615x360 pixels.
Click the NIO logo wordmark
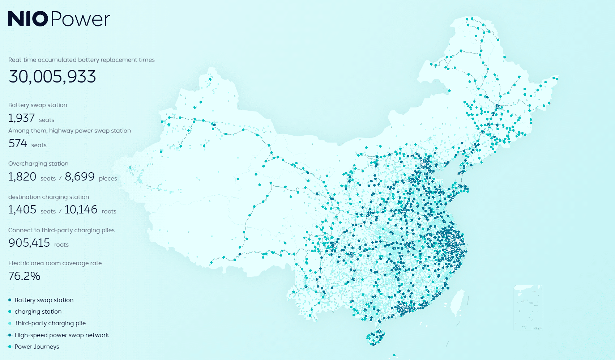[28, 19]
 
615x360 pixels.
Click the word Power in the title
[80, 20]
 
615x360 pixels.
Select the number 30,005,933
[52, 77]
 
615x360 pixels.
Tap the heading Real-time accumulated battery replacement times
[81, 60]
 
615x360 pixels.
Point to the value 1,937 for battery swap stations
[21, 118]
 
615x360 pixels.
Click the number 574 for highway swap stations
[18, 143]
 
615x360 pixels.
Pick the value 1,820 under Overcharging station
[22, 177]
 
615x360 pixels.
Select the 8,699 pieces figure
[80, 177]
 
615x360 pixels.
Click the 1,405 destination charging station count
[22, 209]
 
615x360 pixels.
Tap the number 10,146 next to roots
[81, 209]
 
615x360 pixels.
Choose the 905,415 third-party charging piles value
[29, 243]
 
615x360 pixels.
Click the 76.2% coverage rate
[24, 276]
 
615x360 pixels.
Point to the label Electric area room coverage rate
[55, 263]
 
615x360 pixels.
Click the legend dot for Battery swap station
[10, 300]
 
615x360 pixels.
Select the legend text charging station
[38, 312]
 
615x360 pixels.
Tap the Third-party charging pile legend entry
[50, 323]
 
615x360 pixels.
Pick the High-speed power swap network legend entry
[61, 335]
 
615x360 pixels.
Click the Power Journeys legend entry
[37, 347]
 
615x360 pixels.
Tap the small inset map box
[528, 307]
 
